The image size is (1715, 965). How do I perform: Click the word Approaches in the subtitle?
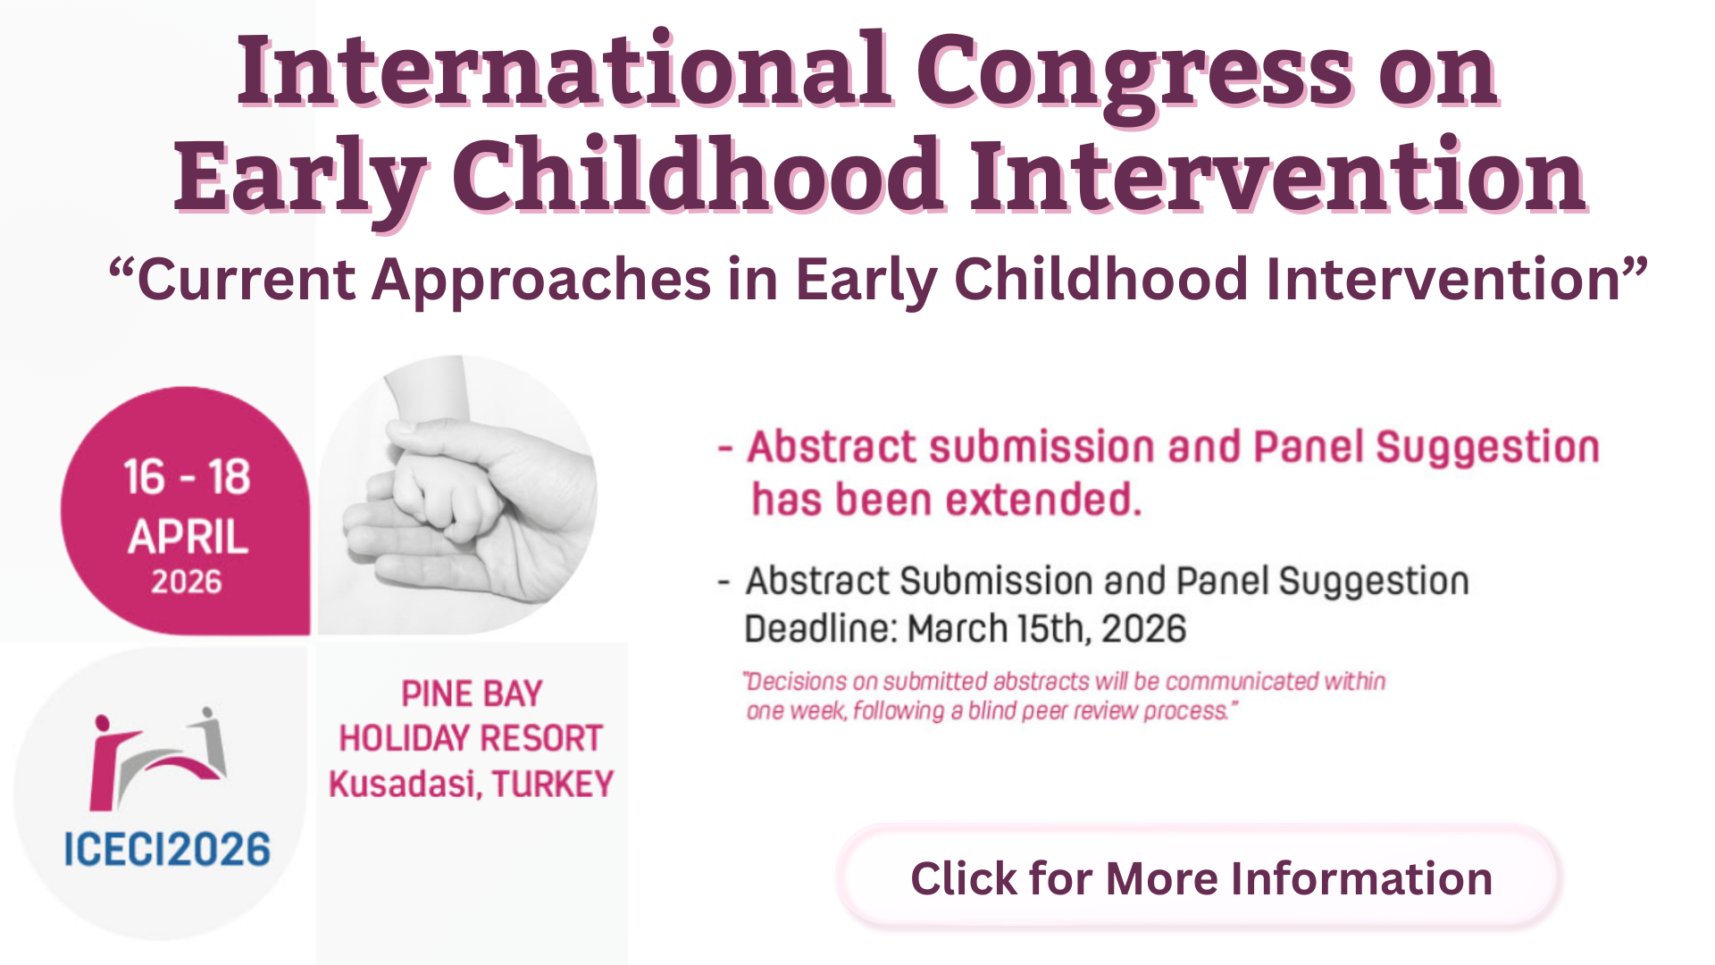541,280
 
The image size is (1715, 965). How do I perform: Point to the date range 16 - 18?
186,477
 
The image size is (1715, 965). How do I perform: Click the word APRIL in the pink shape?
188,537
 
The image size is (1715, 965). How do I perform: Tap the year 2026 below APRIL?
186,583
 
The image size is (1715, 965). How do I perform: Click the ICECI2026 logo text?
167,849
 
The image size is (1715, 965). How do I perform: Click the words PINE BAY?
472,694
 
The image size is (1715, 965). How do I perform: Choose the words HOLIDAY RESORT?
471,739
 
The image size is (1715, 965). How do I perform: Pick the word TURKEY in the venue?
553,785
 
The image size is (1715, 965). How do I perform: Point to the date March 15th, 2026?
1047,629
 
